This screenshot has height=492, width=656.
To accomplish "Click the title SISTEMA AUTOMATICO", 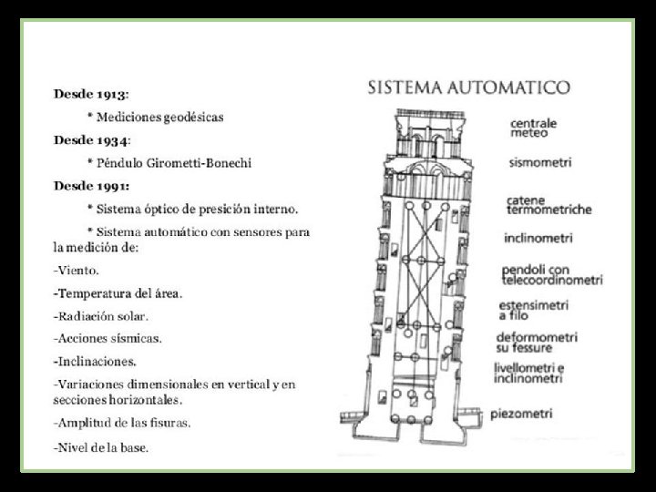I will (x=469, y=88).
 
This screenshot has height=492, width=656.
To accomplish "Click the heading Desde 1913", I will (x=90, y=94).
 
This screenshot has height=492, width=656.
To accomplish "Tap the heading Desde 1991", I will (x=91, y=187).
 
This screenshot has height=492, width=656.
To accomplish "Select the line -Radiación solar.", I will (x=100, y=316).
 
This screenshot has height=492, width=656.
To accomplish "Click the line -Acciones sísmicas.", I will (x=108, y=338).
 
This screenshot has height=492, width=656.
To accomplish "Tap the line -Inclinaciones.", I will (x=95, y=362).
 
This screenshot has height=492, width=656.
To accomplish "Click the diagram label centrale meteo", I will (x=533, y=127).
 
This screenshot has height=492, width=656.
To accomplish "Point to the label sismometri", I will (x=539, y=163).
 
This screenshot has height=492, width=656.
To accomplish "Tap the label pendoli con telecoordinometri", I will (x=552, y=275).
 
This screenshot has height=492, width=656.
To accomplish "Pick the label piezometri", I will (x=521, y=415).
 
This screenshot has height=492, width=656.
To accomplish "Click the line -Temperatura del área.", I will (x=118, y=293).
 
